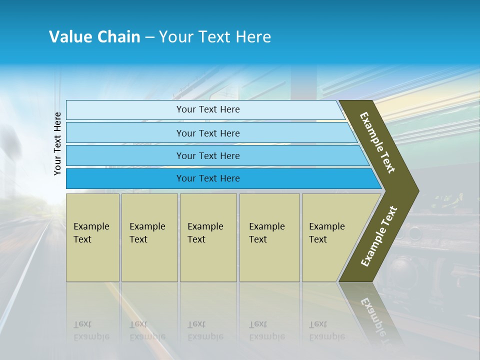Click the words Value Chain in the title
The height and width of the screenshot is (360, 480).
(94, 37)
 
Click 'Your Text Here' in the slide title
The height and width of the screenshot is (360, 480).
(215, 37)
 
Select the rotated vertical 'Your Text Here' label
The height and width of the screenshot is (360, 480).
(57, 143)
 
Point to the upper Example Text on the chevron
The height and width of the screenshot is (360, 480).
(377, 142)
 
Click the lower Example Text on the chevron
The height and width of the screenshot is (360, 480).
(379, 236)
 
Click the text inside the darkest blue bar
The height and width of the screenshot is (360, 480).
(208, 178)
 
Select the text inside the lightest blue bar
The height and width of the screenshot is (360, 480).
(208, 109)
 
